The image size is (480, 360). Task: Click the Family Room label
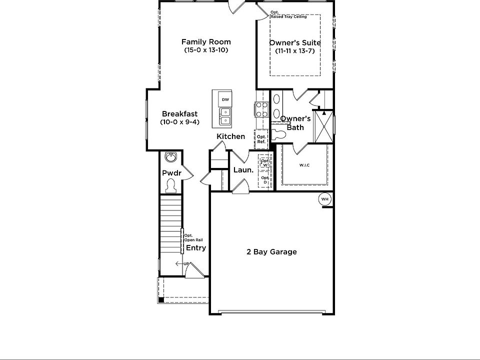click(x=206, y=42)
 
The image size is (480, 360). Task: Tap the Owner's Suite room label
click(x=295, y=43)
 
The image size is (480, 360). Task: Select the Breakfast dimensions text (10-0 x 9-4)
click(x=179, y=122)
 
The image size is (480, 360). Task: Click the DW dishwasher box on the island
click(x=225, y=99)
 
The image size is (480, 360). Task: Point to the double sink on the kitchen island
click(x=225, y=116)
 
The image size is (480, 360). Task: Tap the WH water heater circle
click(x=325, y=199)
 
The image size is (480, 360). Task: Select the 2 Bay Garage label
click(x=271, y=252)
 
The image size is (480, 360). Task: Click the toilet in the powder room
click(x=170, y=186)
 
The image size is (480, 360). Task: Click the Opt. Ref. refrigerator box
click(x=261, y=139)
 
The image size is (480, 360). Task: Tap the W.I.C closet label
click(x=304, y=165)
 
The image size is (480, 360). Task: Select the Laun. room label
click(x=243, y=170)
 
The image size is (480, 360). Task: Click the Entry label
click(x=195, y=248)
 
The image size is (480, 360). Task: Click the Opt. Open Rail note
click(x=192, y=238)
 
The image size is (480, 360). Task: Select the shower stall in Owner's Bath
click(x=324, y=127)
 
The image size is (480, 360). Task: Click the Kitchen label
click(x=230, y=136)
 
